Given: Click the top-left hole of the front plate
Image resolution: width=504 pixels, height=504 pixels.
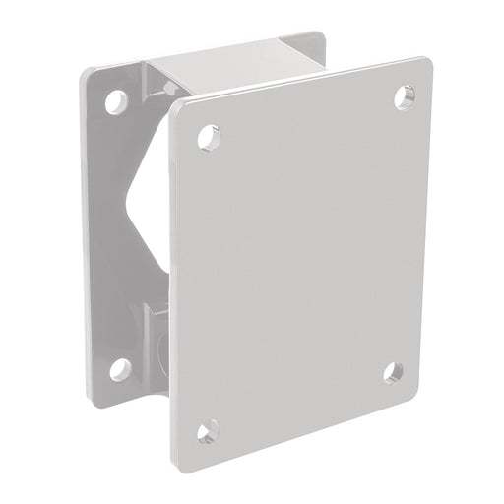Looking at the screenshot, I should click(x=209, y=137).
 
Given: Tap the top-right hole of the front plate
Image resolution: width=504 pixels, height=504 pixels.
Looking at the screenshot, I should click(x=405, y=96).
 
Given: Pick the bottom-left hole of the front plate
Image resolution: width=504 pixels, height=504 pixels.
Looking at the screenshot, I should click(x=208, y=431).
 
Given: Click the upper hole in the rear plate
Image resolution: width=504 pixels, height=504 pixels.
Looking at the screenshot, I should click(x=117, y=100).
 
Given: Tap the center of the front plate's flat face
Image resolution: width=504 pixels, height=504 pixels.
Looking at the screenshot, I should click(x=300, y=261).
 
